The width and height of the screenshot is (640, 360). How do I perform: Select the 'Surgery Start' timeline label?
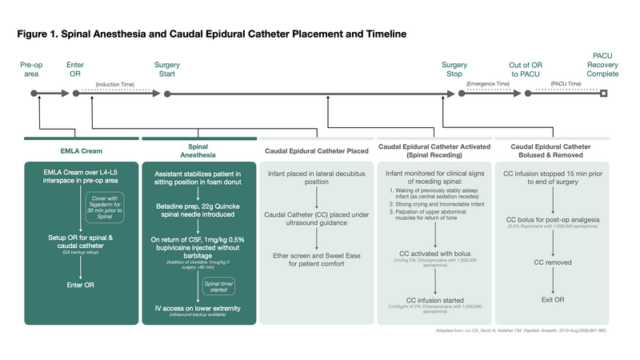(166, 69)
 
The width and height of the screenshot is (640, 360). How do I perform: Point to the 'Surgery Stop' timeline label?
(454, 69)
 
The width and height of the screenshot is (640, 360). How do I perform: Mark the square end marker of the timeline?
(604, 94)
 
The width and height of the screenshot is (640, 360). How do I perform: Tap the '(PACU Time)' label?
(566, 84)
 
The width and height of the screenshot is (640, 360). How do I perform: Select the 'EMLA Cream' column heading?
(82, 150)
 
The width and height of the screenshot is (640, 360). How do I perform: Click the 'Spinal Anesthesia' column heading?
(198, 152)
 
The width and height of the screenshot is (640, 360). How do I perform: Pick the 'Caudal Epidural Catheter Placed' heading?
(316, 150)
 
